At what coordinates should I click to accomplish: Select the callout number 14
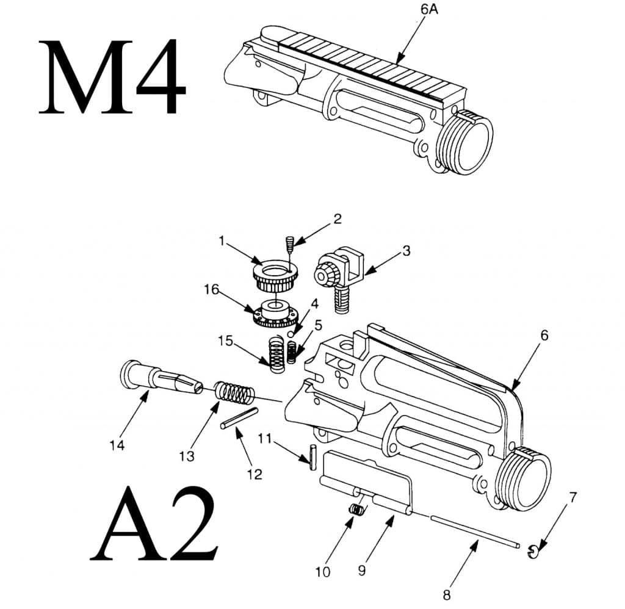tap(117, 446)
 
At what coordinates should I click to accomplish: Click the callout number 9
tap(362, 571)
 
